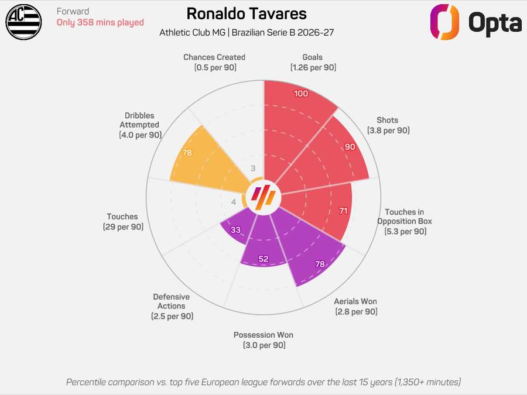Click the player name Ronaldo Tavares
click(x=247, y=14)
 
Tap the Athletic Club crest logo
click(x=23, y=22)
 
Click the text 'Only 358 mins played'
click(x=100, y=23)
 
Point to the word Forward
click(x=73, y=11)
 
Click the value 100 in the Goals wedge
click(x=301, y=94)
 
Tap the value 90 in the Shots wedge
click(x=350, y=147)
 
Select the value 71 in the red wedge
click(x=343, y=210)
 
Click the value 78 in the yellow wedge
click(x=187, y=153)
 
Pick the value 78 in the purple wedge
click(x=320, y=265)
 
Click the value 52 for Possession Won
click(x=263, y=259)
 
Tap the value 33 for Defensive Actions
click(x=235, y=230)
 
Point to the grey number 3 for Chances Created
click(x=253, y=169)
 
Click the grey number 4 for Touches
click(x=234, y=202)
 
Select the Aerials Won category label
click(x=355, y=307)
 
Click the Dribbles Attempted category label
click(x=140, y=125)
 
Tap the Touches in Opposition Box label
click(x=405, y=222)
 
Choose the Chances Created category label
click(x=214, y=62)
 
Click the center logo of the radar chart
click(x=263, y=198)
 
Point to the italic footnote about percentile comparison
click(x=263, y=382)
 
